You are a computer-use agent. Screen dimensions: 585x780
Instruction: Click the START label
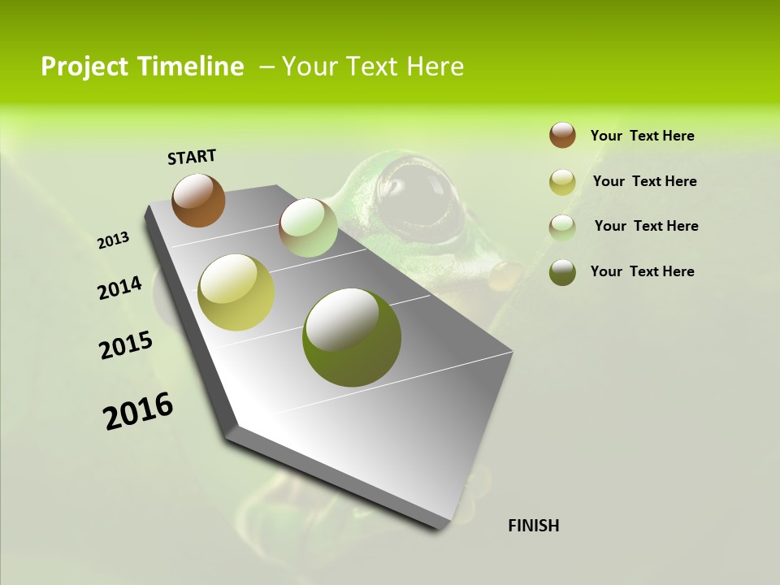point(192,157)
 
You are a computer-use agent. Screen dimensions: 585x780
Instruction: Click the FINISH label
point(534,526)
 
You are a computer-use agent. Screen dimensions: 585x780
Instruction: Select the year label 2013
point(113,240)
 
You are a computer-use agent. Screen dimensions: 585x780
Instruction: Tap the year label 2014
point(119,288)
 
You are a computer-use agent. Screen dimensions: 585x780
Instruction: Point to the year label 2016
point(138,411)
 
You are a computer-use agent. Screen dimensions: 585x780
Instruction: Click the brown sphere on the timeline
point(199,200)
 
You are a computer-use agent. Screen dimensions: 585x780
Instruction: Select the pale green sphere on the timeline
point(308,227)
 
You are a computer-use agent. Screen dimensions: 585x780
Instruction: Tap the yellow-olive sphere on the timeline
point(236,292)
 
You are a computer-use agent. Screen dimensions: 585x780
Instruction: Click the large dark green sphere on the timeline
point(352,337)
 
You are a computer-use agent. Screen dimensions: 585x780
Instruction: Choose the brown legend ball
point(562,135)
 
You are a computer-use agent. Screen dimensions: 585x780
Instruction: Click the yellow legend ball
point(562,182)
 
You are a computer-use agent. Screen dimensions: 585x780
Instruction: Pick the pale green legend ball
point(562,227)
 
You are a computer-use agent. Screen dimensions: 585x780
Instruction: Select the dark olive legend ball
point(562,272)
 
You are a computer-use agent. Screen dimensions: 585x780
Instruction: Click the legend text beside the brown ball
point(642,136)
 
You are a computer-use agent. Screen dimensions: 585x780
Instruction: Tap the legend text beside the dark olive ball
point(642,271)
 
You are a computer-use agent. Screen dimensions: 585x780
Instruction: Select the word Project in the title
point(85,67)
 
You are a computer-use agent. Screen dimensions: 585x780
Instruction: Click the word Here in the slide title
point(435,67)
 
